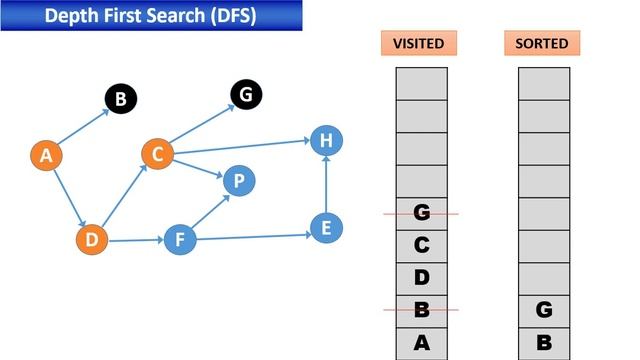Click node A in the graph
pos(45,155)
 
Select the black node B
pos(120,99)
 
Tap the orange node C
pos(157,154)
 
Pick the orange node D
pos(92,240)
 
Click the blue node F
pos(180,240)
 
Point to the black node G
pos(245,94)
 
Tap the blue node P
pos(238,181)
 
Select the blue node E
pos(322,227)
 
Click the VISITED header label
pos(419,44)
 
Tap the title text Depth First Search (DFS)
pos(151,15)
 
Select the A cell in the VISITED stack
pos(421,343)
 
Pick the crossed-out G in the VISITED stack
pos(421,213)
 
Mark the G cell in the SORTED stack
pos(544,311)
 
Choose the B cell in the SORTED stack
pos(544,343)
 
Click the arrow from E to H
pos(323,185)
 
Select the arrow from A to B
pos(82,127)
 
